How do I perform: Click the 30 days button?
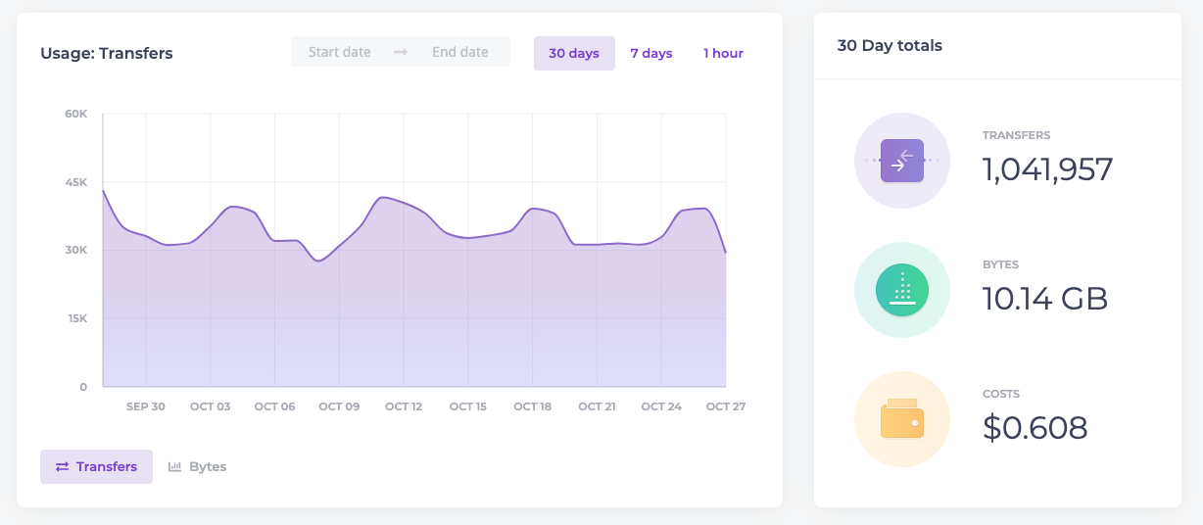(x=574, y=53)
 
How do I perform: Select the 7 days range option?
(x=650, y=53)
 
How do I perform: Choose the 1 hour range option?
(x=723, y=53)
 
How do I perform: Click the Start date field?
(x=339, y=52)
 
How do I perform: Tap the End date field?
(x=460, y=52)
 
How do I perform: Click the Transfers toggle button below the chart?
(x=96, y=466)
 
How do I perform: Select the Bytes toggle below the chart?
(x=197, y=466)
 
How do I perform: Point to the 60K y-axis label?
(x=75, y=114)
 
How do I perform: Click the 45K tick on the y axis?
(x=75, y=182)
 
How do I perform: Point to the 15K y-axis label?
(x=77, y=318)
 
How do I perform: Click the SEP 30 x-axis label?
(x=146, y=406)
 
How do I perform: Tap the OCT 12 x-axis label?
(x=404, y=406)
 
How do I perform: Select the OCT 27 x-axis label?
(x=726, y=406)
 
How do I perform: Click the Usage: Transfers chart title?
(x=107, y=53)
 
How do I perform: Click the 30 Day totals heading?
(x=890, y=46)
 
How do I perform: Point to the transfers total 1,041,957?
(x=1047, y=169)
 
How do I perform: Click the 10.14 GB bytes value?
(x=1045, y=299)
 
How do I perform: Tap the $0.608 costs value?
(x=1035, y=428)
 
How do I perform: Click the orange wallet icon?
(x=902, y=418)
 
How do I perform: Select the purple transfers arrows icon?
(x=902, y=161)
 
